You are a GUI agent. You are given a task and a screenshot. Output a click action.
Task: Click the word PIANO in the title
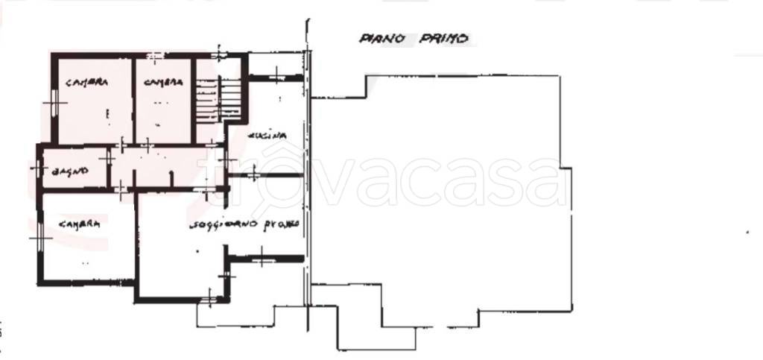[381, 39]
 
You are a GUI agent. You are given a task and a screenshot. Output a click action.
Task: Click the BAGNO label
[70, 171]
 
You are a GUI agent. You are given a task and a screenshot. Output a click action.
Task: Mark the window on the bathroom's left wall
[36, 168]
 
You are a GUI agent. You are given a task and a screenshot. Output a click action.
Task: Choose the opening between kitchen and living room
[254, 175]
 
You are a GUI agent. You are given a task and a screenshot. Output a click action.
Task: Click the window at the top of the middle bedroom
[154, 56]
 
